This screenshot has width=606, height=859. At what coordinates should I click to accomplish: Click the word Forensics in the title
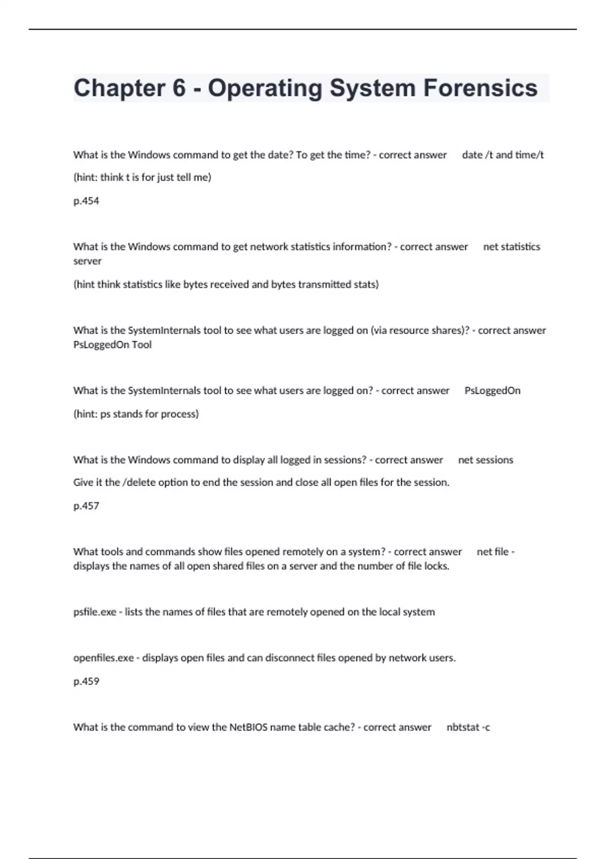(x=480, y=88)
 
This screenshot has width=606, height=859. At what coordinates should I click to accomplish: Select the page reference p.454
(x=86, y=201)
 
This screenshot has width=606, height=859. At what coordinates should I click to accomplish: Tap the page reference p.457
(x=86, y=506)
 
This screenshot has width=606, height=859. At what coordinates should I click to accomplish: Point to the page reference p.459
(x=86, y=681)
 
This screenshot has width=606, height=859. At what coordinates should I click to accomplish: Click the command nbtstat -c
(x=468, y=727)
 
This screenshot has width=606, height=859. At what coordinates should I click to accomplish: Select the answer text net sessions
(x=485, y=460)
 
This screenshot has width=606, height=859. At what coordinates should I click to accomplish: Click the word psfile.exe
(x=95, y=612)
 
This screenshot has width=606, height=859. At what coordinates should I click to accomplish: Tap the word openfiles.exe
(x=104, y=658)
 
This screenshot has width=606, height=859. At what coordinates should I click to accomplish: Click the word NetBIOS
(x=248, y=727)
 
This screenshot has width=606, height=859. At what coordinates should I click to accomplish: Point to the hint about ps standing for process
(x=136, y=414)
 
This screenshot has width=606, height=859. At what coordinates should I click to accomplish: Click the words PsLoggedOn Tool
(x=112, y=345)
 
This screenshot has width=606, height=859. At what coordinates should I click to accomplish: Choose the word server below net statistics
(x=87, y=261)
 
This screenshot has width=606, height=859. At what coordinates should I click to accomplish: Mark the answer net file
(x=493, y=552)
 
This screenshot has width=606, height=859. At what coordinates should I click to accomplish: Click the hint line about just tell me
(x=142, y=177)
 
